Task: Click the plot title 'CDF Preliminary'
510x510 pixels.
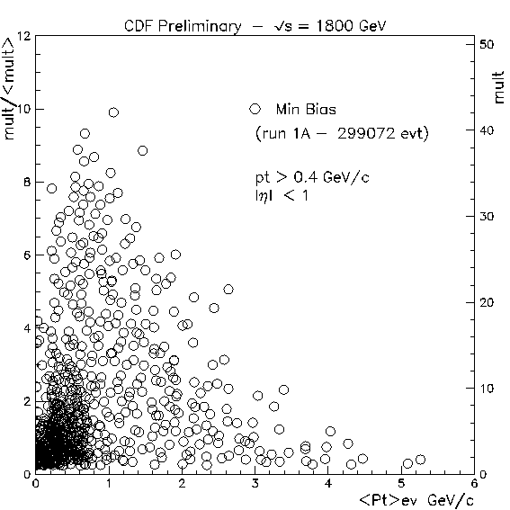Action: tap(183, 26)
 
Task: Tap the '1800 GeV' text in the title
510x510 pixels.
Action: tap(352, 26)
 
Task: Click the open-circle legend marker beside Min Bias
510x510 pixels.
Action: tap(255, 109)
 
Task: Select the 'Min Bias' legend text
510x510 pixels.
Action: tap(306, 110)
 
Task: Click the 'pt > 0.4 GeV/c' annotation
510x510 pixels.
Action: tap(312, 177)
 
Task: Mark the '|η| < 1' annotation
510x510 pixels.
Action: tap(282, 196)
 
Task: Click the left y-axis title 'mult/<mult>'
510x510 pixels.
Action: tap(9, 88)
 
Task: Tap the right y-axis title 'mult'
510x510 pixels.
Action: tap(499, 87)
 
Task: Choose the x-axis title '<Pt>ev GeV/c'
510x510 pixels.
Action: tap(416, 500)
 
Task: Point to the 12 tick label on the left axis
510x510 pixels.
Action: tap(24, 36)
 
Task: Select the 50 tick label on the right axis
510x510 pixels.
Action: tap(487, 44)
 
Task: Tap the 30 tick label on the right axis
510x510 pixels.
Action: tap(487, 216)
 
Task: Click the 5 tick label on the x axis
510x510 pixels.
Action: tap(401, 484)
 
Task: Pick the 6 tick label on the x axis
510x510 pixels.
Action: tap(474, 484)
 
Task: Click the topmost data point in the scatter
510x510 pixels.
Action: tap(113, 112)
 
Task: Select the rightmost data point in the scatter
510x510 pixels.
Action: tap(421, 460)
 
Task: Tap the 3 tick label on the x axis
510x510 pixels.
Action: tap(255, 484)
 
